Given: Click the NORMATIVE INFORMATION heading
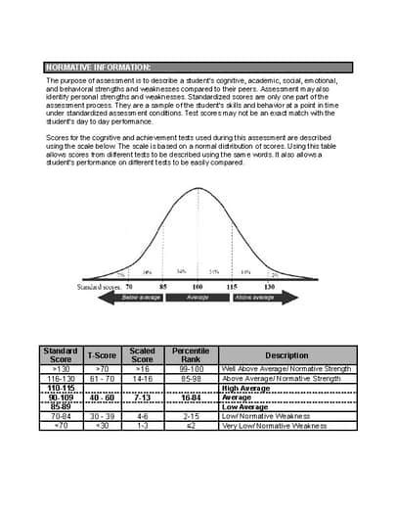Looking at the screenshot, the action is (98, 66).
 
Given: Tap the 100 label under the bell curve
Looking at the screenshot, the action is (198, 286).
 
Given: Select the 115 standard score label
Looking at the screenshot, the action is (232, 286).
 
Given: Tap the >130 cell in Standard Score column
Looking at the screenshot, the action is (61, 368).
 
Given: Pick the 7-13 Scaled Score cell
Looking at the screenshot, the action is (142, 397).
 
